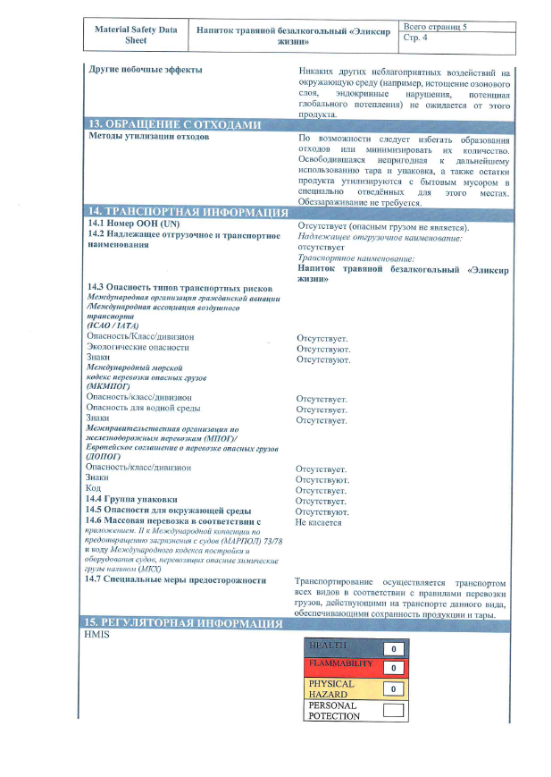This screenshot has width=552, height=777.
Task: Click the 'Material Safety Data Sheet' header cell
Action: [x=136, y=35]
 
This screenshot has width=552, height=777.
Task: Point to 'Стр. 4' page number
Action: [x=415, y=38]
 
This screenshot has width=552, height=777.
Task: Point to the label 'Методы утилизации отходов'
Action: [x=148, y=137]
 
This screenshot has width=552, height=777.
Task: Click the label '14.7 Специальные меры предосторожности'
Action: [x=175, y=580]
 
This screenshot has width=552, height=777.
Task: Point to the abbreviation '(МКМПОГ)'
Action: [x=108, y=386]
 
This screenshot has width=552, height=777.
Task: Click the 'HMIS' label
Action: [x=96, y=634]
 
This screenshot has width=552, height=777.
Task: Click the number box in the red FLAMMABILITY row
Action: [x=392, y=667]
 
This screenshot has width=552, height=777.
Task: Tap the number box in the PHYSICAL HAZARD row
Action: [x=392, y=688]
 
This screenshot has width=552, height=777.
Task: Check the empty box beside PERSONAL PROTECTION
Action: [x=392, y=711]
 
